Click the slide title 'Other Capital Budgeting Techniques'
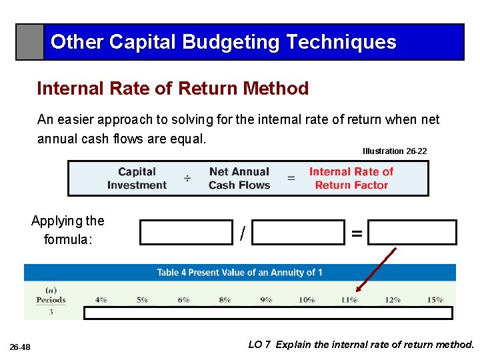click(223, 42)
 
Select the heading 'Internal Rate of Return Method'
click(173, 88)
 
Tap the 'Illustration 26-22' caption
click(395, 151)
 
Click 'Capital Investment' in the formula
click(137, 178)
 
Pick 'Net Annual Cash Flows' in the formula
click(239, 178)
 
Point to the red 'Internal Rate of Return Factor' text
click(351, 178)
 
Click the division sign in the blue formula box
click(188, 179)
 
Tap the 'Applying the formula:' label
click(67, 230)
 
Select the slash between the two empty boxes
click(243, 233)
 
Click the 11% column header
click(349, 299)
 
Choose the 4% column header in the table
click(101, 299)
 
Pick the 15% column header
click(434, 299)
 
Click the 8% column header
click(225, 299)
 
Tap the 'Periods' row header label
click(51, 299)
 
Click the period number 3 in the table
click(51, 312)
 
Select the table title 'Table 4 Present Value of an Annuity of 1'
click(239, 272)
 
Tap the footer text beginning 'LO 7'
click(361, 345)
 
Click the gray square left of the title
click(30, 42)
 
